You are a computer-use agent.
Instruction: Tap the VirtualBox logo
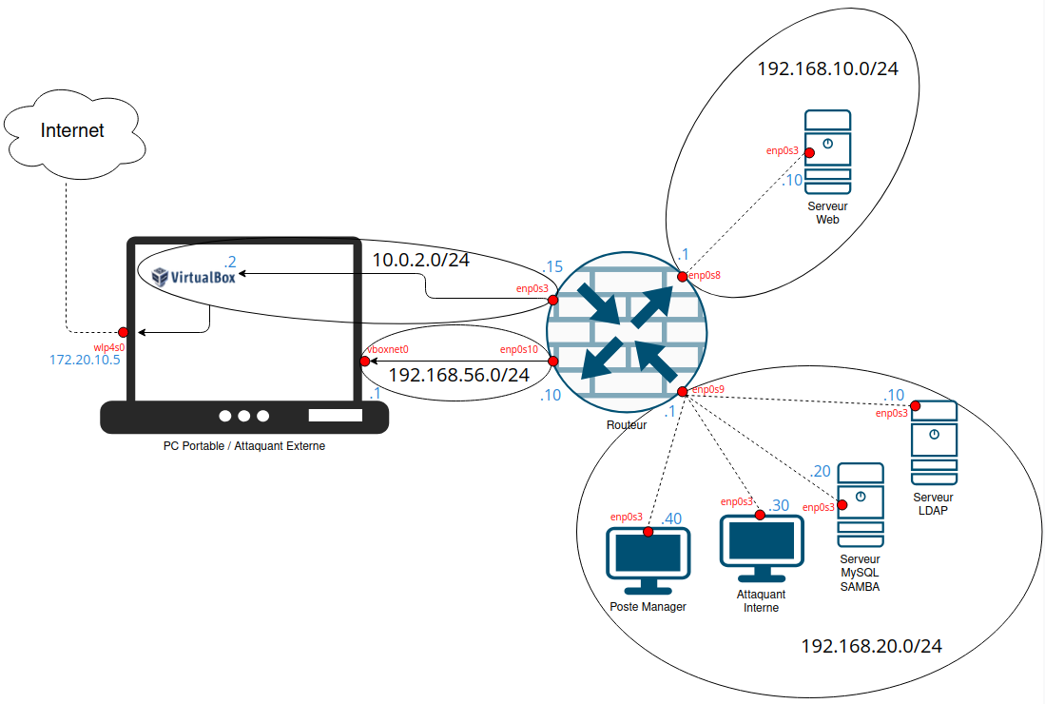pyautogui.click(x=194, y=277)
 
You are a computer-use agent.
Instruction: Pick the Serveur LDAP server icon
pyautogui.click(x=934, y=443)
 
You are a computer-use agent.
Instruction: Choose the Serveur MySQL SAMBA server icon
pyautogui.click(x=860, y=505)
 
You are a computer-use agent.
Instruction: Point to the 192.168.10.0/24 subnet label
pyautogui.click(x=827, y=69)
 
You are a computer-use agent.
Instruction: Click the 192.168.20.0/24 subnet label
pyautogui.click(x=871, y=647)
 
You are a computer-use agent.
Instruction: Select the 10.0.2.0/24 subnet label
pyautogui.click(x=421, y=260)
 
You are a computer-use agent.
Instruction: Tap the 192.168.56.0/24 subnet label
pyautogui.click(x=458, y=375)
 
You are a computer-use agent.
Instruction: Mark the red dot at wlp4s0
pyautogui.click(x=124, y=332)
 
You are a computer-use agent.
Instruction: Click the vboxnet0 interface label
pyautogui.click(x=387, y=350)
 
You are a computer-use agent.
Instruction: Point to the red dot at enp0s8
pyautogui.click(x=682, y=276)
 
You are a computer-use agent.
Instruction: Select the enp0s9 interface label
pyautogui.click(x=707, y=390)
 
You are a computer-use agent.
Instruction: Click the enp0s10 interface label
pyautogui.click(x=519, y=349)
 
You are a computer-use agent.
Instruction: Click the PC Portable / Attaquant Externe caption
pyautogui.click(x=244, y=445)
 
